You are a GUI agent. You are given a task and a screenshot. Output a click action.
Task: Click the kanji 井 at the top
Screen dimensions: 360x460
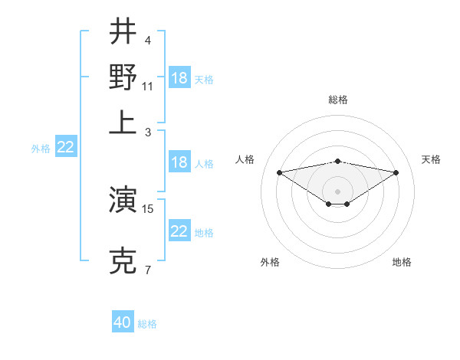[123, 32]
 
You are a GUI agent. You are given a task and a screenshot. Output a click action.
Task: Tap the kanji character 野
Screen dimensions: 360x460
[123, 77]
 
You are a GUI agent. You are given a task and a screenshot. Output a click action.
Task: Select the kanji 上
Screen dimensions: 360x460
[123, 123]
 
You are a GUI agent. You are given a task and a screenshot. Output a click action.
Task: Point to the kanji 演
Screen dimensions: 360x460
[123, 201]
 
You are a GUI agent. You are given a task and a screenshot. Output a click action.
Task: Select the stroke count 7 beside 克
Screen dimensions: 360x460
[147, 270]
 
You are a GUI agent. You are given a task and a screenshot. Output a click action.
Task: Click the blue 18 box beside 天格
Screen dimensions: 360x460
[179, 78]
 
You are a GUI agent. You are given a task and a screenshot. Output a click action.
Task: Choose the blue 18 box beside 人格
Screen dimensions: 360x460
[179, 162]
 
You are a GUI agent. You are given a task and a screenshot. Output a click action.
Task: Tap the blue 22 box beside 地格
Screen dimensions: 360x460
[179, 231]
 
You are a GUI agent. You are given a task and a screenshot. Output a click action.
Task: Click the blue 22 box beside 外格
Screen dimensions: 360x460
[65, 147]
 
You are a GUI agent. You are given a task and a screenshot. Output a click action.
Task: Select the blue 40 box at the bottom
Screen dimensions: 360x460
[123, 322]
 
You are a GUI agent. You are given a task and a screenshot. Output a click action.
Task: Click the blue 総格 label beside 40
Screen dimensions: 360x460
[147, 324]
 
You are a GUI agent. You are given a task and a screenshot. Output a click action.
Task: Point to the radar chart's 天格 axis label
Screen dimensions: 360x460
[431, 159]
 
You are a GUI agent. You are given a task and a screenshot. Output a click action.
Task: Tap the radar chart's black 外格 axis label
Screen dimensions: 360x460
[270, 262]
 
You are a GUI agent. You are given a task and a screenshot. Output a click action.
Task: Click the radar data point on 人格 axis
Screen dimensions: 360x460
[279, 172]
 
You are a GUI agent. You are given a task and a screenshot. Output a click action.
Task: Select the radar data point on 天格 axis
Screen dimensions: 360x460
[396, 172]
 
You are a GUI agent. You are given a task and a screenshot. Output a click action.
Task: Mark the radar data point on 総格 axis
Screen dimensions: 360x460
[337, 161]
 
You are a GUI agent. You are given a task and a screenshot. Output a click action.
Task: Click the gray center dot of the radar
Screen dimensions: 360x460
[337, 191]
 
